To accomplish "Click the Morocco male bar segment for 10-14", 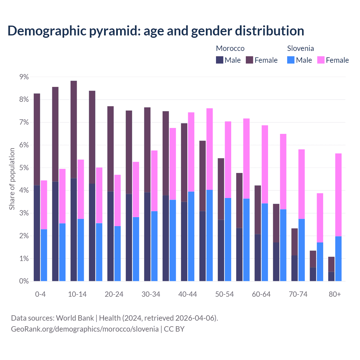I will [x=74, y=229].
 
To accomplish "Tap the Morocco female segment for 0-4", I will [x=37, y=139].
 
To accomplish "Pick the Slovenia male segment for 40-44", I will [x=191, y=236].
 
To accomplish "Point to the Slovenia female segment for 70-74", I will [x=301, y=184].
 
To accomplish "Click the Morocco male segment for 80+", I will [x=331, y=276].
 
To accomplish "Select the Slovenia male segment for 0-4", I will [x=44, y=255].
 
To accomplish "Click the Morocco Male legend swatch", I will [x=220, y=60].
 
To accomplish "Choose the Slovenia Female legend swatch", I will [x=321, y=60].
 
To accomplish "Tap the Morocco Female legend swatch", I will [x=249, y=60].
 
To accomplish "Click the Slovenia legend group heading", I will [x=300, y=48].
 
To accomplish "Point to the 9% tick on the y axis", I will [x=24, y=77].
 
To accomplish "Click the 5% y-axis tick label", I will [x=24, y=168].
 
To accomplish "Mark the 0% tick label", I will [x=24, y=281].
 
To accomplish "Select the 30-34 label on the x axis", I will [x=151, y=294].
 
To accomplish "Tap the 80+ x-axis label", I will [x=335, y=294].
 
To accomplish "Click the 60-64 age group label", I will [x=261, y=294].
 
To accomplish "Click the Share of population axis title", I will [x=12, y=179].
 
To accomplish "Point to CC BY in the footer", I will [x=174, y=329].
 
